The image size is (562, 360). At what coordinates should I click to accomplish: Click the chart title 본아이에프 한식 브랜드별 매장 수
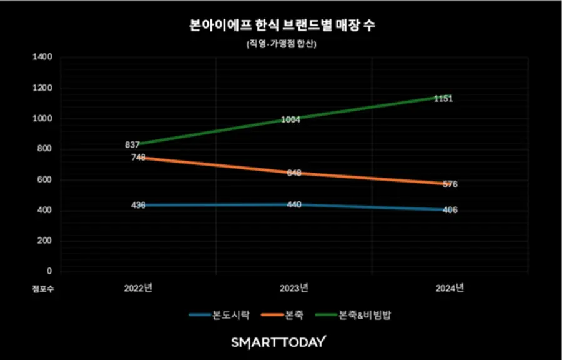[x=281, y=26]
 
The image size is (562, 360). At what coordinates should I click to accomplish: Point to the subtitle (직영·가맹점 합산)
[x=281, y=44]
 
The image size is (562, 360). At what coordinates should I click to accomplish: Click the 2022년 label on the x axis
[x=138, y=288]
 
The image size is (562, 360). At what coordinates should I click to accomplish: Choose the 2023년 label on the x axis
[x=293, y=288]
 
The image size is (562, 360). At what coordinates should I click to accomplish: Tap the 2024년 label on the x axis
[x=450, y=288]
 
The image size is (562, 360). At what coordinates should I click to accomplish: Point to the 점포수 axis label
[x=43, y=289]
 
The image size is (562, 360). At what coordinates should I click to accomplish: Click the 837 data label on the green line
[x=132, y=145]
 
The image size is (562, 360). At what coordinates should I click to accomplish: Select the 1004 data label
[x=290, y=119]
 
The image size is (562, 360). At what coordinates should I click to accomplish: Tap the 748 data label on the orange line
[x=138, y=157]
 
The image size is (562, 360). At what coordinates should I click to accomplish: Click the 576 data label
[x=450, y=184]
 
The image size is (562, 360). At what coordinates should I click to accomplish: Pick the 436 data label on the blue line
[x=138, y=205]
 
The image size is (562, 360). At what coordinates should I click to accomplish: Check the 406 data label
[x=450, y=210]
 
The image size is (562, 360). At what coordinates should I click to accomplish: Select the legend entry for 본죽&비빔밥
[x=355, y=315]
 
